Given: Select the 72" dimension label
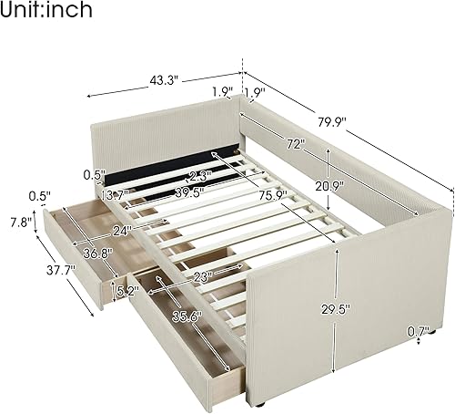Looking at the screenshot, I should [x=293, y=144].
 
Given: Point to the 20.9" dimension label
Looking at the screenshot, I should [x=311, y=188].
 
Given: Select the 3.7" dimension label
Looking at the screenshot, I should [x=116, y=195].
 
